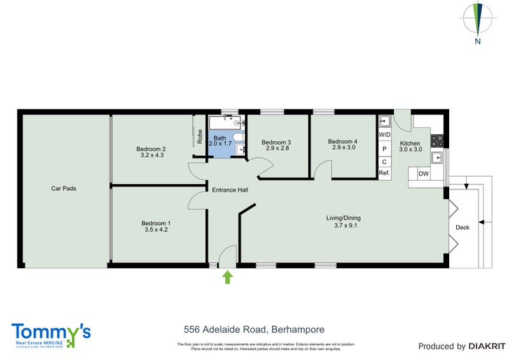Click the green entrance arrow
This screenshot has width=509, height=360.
(228, 277)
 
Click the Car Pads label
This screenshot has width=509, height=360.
(64, 188)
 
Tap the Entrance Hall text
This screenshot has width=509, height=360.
(230, 190)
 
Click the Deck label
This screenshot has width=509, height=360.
(463, 227)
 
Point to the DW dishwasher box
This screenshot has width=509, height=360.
(422, 173)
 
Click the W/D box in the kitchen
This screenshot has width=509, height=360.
(384, 135)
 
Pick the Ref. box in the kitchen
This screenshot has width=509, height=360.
(384, 173)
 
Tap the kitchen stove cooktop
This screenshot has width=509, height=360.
(437, 140)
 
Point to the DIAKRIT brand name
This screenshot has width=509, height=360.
(485, 347)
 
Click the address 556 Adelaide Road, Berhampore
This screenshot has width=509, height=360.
(254, 329)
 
